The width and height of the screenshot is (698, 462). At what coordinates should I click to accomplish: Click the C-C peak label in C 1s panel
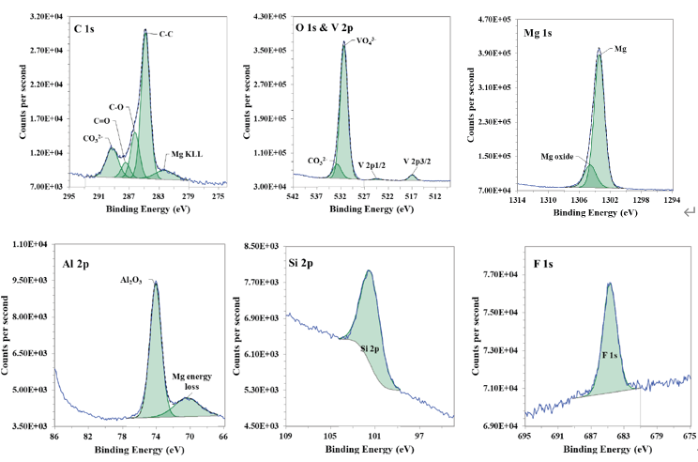click(x=166, y=34)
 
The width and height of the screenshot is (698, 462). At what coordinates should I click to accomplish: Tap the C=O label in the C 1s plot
click(x=102, y=120)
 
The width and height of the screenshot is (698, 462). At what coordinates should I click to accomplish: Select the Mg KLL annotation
click(x=186, y=154)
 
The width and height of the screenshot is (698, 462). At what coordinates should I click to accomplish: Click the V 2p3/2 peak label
click(x=418, y=162)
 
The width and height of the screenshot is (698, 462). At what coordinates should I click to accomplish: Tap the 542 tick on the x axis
click(x=293, y=197)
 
